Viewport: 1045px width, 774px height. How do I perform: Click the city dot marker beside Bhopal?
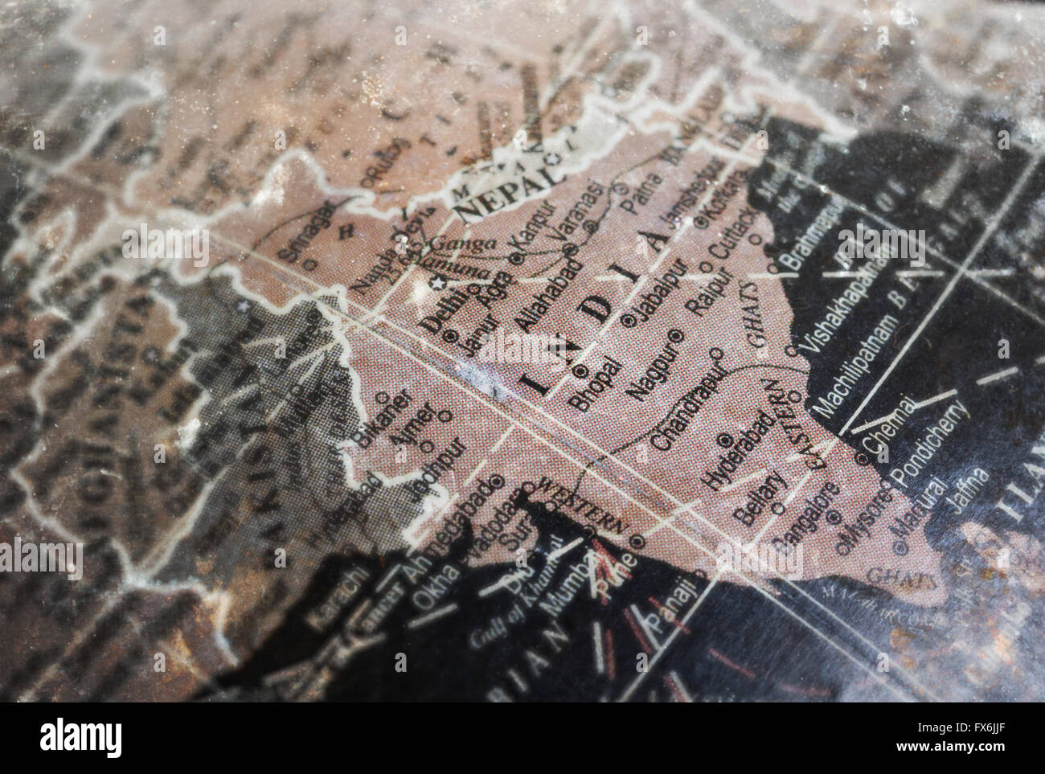pyautogui.click(x=581, y=371)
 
